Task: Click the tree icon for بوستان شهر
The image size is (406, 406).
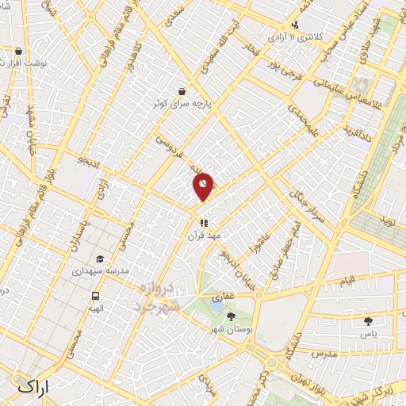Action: [231, 316]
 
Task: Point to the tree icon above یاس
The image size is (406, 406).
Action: [368, 320]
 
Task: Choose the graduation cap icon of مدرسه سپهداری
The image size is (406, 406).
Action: [100, 259]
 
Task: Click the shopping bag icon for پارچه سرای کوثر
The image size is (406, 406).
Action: [183, 91]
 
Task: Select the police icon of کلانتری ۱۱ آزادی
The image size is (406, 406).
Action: [295, 25]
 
